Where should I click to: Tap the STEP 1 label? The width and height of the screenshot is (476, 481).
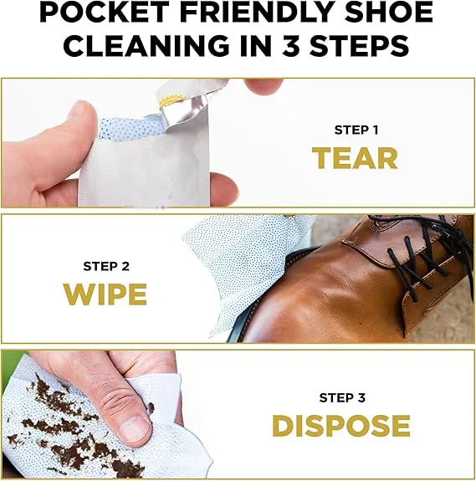pyautogui.click(x=355, y=130)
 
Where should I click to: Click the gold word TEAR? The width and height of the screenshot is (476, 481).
pyautogui.click(x=355, y=158)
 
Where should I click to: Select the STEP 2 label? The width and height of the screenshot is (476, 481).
pyautogui.click(x=105, y=266)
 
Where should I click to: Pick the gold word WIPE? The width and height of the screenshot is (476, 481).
pyautogui.click(x=105, y=294)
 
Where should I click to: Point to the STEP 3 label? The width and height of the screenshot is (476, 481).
pyautogui.click(x=340, y=397)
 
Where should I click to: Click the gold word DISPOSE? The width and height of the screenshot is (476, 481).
pyautogui.click(x=340, y=426)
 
